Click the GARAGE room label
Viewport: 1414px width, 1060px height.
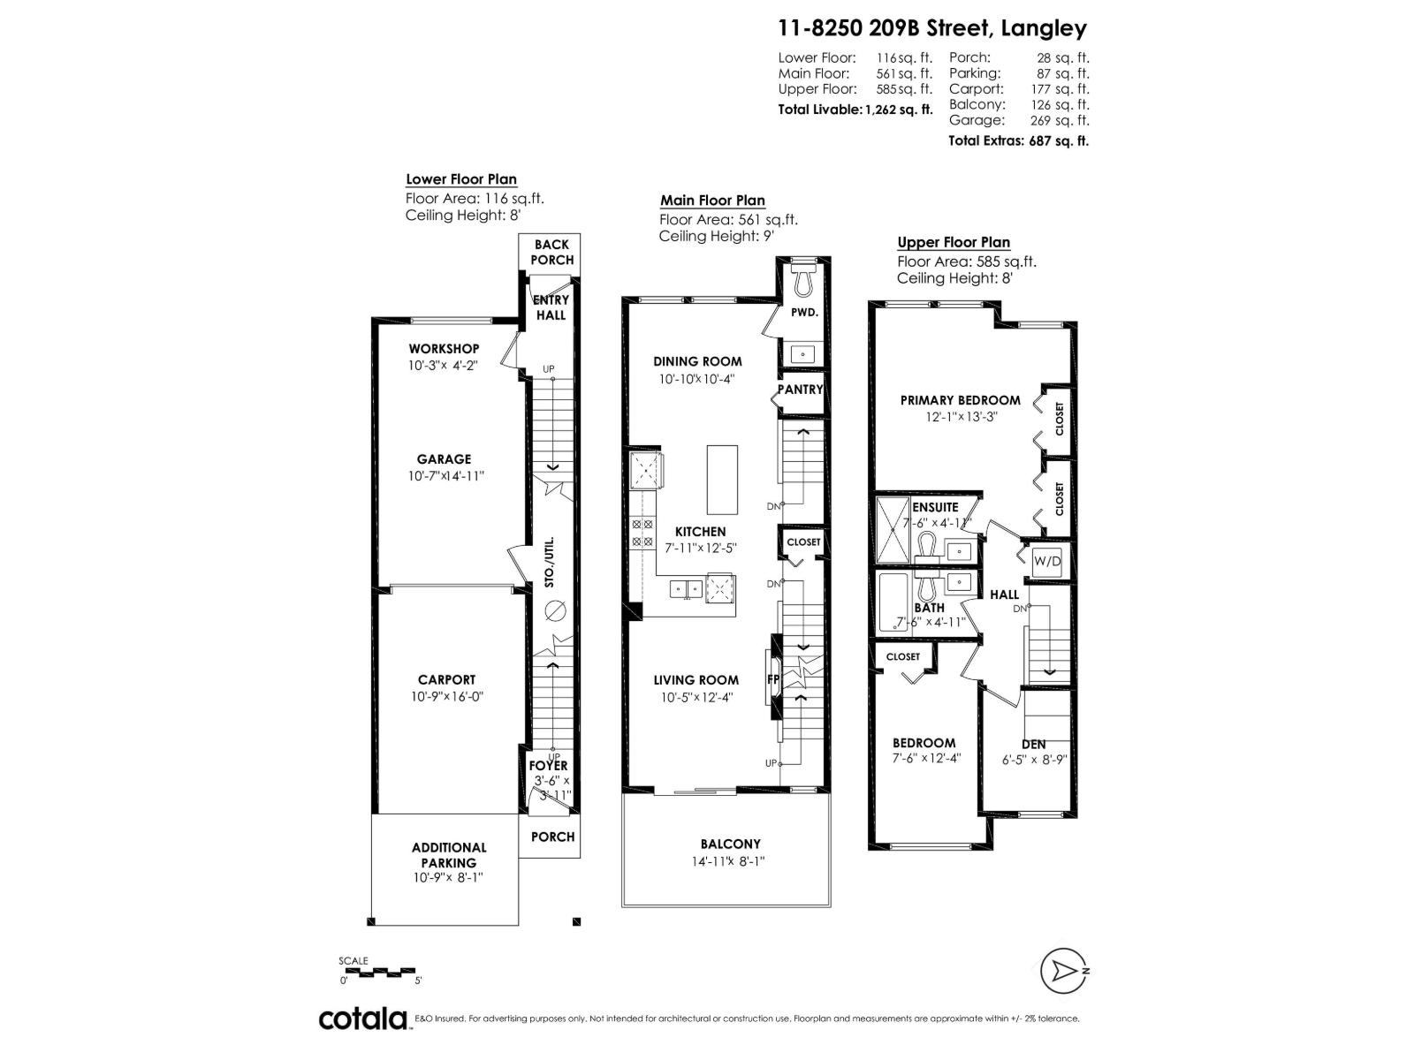tap(444, 458)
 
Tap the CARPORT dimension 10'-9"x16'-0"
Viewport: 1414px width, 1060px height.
tap(446, 696)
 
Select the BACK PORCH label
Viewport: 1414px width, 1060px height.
tap(552, 252)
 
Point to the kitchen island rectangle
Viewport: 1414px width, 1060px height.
tap(722, 480)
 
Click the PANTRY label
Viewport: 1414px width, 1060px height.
tap(801, 389)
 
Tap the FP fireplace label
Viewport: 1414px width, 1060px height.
tap(772, 679)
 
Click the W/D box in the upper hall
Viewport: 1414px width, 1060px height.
tap(1047, 560)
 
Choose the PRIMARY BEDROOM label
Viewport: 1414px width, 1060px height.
tap(960, 400)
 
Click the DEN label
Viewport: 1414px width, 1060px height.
tap(1033, 745)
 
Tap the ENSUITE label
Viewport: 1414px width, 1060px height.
tap(935, 507)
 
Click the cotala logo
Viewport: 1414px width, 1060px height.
tap(362, 1018)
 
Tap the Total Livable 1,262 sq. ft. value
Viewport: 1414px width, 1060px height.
tap(899, 110)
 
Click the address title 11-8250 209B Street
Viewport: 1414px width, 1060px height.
tap(931, 28)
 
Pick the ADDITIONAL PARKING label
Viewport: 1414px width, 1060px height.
tap(449, 854)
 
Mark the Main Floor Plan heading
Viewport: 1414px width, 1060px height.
tap(712, 201)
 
